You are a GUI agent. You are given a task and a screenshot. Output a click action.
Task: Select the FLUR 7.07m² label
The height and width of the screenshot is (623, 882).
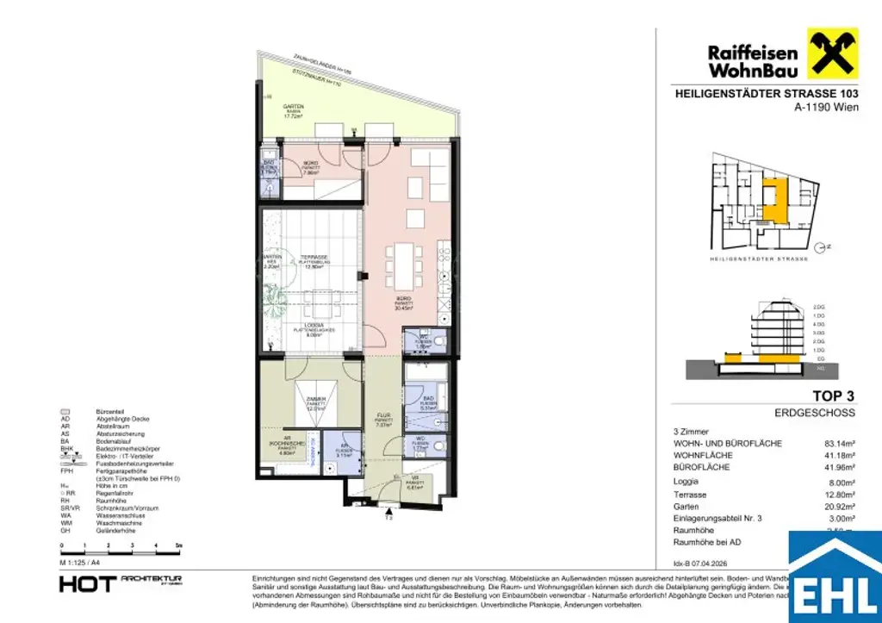(383, 421)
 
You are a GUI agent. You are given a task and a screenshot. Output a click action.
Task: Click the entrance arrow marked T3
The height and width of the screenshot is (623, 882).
(388, 514)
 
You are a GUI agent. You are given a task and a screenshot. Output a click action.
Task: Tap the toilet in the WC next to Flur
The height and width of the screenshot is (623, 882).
(440, 445)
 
